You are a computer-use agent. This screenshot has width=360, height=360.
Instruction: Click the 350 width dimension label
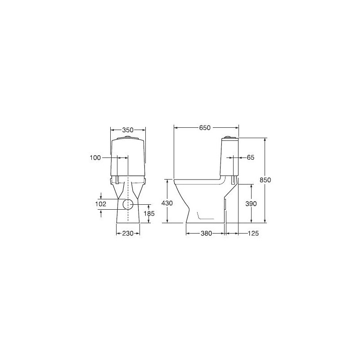click(x=128, y=130)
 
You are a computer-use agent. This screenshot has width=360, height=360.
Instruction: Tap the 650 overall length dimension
click(x=205, y=128)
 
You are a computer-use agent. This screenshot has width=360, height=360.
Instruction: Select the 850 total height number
click(x=265, y=180)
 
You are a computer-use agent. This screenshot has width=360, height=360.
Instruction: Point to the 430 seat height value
click(x=167, y=203)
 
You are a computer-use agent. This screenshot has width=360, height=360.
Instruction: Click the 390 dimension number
click(x=251, y=204)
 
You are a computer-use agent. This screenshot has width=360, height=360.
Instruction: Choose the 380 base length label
click(x=206, y=234)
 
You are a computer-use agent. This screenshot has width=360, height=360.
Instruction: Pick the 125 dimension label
click(x=253, y=234)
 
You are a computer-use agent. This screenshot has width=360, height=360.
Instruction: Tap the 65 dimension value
click(x=251, y=157)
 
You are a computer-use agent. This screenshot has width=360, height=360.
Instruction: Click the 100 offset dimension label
click(x=95, y=158)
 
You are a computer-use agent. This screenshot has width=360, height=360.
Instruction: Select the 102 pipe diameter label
click(x=101, y=204)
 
